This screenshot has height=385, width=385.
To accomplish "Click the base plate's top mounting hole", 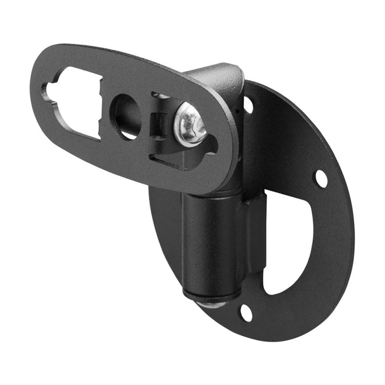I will point(248,104).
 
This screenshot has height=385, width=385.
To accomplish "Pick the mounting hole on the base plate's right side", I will point(321,178).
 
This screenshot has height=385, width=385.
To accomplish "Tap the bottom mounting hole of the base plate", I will point(246,313).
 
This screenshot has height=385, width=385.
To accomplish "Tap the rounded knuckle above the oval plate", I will point(218,77).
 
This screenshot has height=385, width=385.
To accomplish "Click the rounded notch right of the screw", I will point(212,147).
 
